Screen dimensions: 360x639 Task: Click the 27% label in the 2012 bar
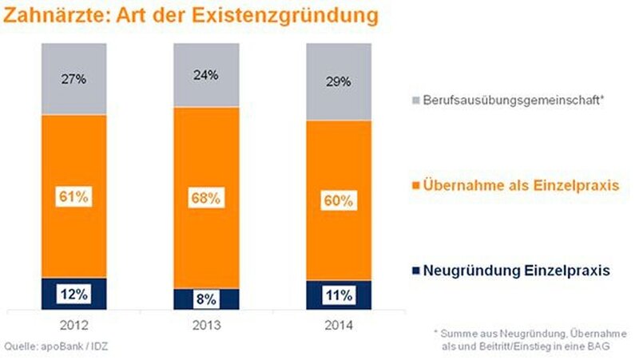point(73,80)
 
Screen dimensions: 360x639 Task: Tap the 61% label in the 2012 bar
point(73,196)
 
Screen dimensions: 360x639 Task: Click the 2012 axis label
point(73,326)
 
